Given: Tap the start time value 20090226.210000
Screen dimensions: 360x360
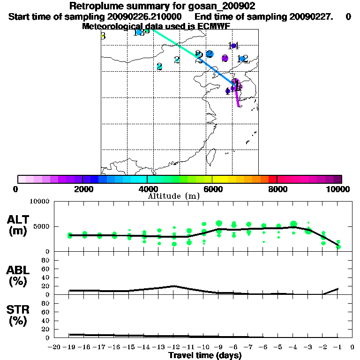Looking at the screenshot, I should (x=149, y=17).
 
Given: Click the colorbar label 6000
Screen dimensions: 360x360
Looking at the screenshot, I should (x=212, y=189).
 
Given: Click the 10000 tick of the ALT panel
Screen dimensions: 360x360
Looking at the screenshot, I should (x=40, y=202).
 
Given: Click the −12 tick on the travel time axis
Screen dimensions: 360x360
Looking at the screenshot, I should (x=174, y=347).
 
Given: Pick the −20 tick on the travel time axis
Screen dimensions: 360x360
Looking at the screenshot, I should (x=55, y=347).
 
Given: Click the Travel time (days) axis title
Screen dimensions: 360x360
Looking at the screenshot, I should (x=205, y=355).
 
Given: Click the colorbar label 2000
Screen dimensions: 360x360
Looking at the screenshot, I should (x=82, y=189).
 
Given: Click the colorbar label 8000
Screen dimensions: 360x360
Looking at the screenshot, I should (x=277, y=189).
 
